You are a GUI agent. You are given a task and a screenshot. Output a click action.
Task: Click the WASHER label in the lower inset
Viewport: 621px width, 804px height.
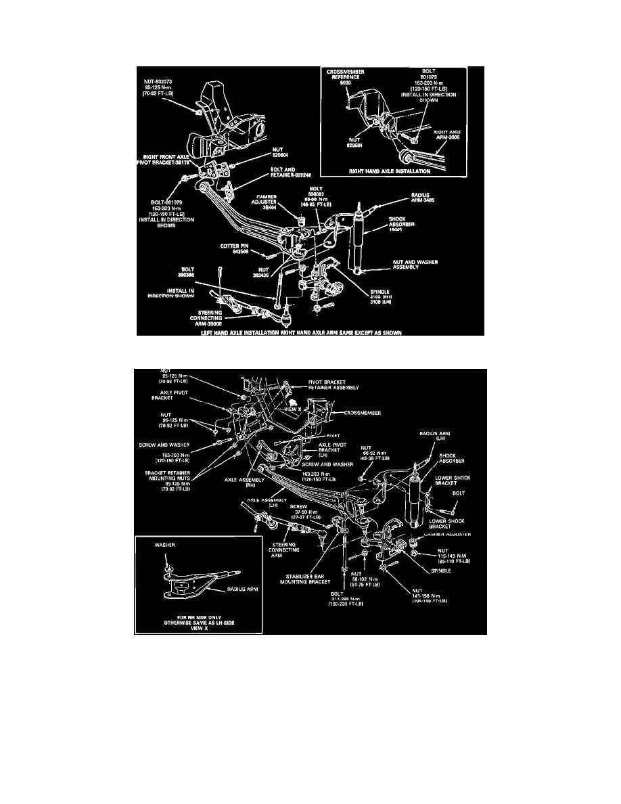(165, 543)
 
